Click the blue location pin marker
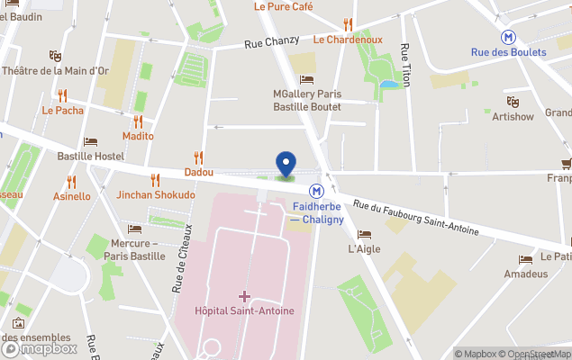286,164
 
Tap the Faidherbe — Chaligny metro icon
316,191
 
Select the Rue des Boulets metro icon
510,37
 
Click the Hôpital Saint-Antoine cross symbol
244,295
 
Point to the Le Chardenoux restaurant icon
348,24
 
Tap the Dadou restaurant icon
198,157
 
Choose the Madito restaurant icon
138,121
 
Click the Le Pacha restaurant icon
62,95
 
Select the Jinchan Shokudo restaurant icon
155,180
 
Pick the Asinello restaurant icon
71,182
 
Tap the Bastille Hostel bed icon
90,141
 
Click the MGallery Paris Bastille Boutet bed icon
308,80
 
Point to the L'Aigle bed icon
363,234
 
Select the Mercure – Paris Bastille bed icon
135,229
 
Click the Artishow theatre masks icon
513,102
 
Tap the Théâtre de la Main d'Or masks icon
55,56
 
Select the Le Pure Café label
283,6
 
